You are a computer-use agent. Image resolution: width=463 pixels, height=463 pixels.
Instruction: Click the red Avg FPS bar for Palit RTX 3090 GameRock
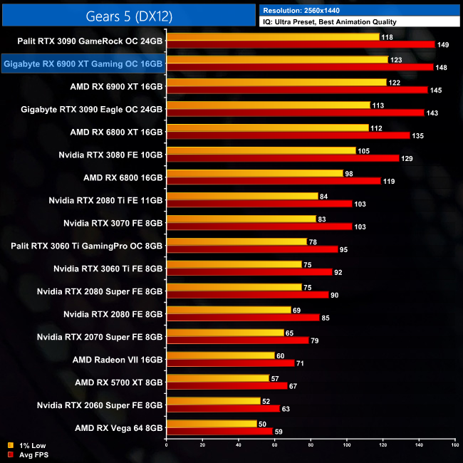[x=300, y=44]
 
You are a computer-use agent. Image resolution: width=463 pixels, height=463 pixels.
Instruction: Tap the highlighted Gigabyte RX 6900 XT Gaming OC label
[x=83, y=64]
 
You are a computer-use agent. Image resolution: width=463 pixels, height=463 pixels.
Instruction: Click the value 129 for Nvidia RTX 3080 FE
[x=407, y=158]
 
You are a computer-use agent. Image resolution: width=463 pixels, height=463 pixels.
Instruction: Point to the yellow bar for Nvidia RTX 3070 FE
[x=241, y=219]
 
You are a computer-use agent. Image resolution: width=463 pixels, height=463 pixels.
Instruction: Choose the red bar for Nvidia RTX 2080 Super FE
[x=247, y=294]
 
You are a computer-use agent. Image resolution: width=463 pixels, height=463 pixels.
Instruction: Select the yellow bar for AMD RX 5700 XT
[x=217, y=378]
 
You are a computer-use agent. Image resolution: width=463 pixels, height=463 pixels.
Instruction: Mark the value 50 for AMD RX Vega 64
[x=262, y=424]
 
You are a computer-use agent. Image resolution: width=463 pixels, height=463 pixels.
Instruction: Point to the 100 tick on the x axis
[x=346, y=446]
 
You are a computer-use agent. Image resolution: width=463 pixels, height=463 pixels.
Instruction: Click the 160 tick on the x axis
[x=454, y=446]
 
